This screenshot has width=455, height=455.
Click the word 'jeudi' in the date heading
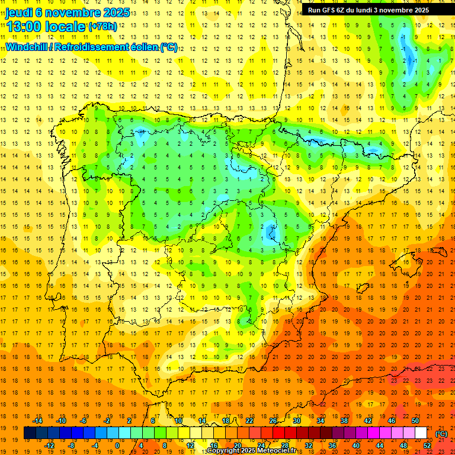tap(20, 12)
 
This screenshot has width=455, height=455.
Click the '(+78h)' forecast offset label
tap(102, 27)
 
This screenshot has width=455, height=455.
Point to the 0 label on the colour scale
tap(118, 446)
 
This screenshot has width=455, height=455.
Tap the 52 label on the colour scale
tap(427, 446)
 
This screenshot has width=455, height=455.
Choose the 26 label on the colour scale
tap(273, 421)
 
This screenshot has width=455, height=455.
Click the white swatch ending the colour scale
tap(421, 433)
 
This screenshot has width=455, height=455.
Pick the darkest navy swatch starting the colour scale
tap(30, 433)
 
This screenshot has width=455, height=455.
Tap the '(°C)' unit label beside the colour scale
tap(441, 433)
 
